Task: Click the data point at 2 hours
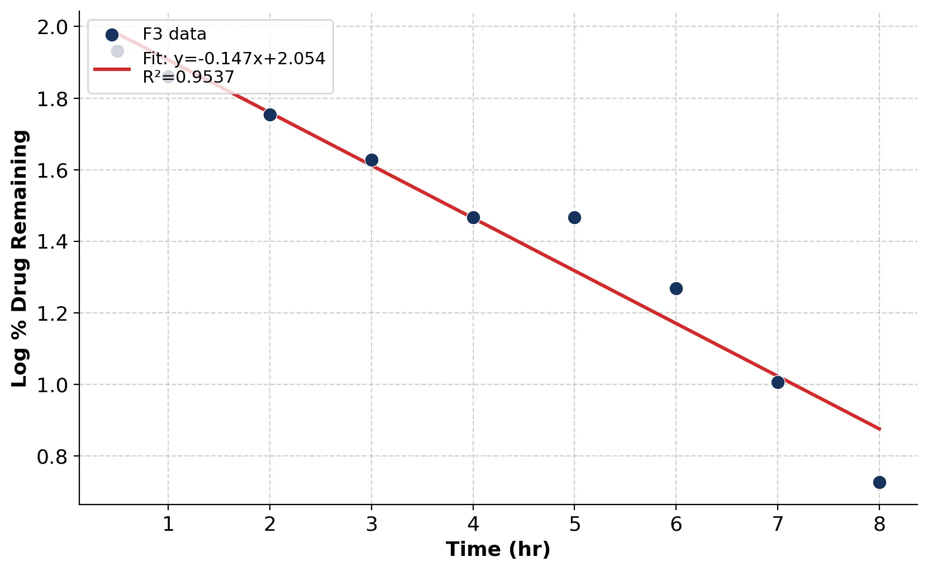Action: [270, 115]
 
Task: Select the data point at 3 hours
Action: [372, 160]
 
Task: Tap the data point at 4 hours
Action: [473, 217]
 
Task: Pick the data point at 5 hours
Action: [574, 217]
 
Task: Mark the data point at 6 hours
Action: [676, 288]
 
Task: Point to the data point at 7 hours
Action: [778, 382]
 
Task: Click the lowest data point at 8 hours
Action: [879, 482]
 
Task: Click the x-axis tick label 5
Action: [574, 524]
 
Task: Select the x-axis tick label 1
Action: [168, 524]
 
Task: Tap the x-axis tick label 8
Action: [879, 524]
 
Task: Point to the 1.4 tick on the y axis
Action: [52, 242]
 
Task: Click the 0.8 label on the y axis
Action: [52, 456]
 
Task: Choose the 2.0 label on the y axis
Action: [52, 27]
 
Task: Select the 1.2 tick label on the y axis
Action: [52, 313]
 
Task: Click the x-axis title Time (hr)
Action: [498, 549]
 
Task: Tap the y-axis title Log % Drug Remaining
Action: [20, 259]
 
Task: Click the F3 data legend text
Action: [174, 34]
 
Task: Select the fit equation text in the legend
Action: [234, 59]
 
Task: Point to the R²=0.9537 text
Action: [188, 77]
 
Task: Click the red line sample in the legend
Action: [112, 69]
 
